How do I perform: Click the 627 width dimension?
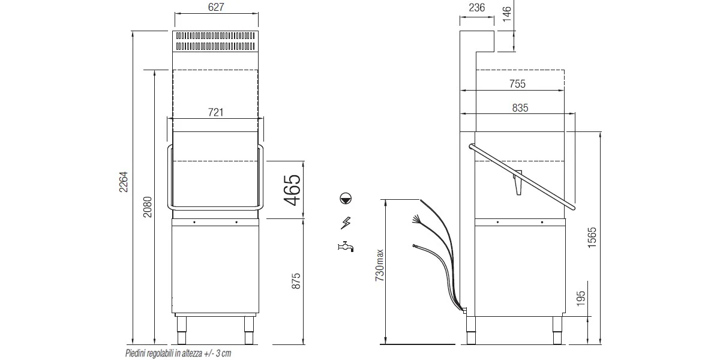click(x=215, y=7)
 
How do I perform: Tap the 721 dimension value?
click(x=215, y=112)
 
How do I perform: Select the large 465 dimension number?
click(x=292, y=190)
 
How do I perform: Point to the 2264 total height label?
click(x=124, y=182)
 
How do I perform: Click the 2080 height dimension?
click(x=147, y=207)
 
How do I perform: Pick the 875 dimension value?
click(x=296, y=281)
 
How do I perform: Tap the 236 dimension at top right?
click(x=476, y=7)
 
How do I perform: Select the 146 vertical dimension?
click(x=506, y=14)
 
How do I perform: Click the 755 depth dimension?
click(x=517, y=84)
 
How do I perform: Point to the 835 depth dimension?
click(x=520, y=107)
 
